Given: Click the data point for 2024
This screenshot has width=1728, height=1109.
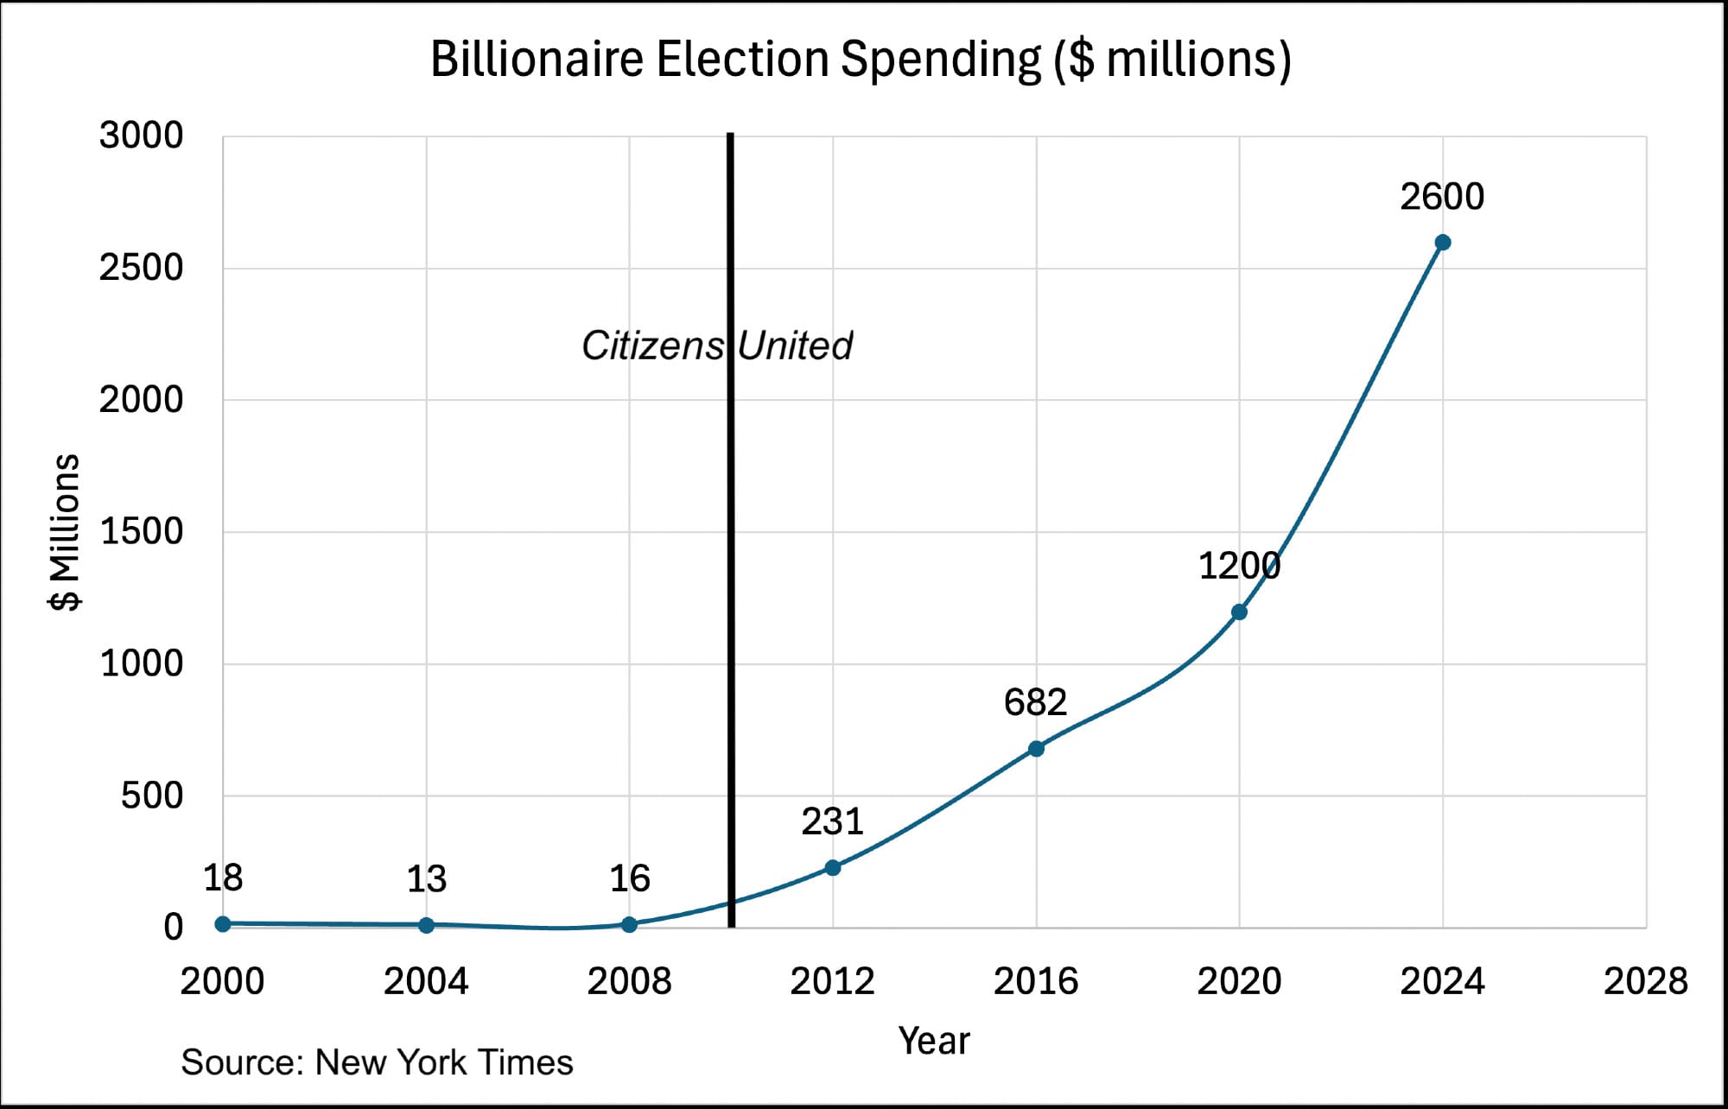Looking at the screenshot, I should [x=1442, y=243].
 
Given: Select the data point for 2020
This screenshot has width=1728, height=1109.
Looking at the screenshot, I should [x=1239, y=612].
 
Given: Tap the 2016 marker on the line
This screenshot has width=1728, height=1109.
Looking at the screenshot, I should [x=1036, y=749].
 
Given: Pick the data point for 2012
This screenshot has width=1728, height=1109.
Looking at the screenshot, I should [x=833, y=867].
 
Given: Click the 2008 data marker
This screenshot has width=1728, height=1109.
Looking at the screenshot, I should [x=629, y=924].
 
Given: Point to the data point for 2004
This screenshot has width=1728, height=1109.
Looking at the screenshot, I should [x=426, y=925].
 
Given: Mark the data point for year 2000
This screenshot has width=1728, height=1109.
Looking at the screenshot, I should [x=223, y=923].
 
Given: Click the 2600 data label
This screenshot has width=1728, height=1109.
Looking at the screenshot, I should [x=1442, y=197].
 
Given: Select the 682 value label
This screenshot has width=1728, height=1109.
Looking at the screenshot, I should [x=1035, y=702].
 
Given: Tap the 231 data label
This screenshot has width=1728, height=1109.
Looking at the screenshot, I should [x=832, y=821].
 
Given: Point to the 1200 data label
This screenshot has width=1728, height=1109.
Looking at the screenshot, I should [x=1239, y=567].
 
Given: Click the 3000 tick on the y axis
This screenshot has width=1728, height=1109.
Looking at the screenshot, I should [x=141, y=136].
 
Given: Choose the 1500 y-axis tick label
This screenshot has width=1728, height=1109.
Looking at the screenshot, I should [x=141, y=531].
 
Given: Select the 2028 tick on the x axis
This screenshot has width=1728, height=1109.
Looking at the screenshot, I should [x=1645, y=981].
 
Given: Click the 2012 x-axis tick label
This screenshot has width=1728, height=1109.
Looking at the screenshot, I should [x=832, y=981].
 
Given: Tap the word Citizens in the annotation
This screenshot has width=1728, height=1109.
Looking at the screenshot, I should [x=652, y=345].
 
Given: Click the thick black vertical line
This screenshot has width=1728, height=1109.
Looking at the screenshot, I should [x=731, y=605].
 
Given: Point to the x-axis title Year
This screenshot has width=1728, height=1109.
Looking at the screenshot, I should [x=934, y=1041].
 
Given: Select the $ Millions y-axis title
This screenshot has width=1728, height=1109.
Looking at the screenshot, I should [x=65, y=532].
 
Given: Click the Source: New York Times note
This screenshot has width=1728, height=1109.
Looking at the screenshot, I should [x=377, y=1062].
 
